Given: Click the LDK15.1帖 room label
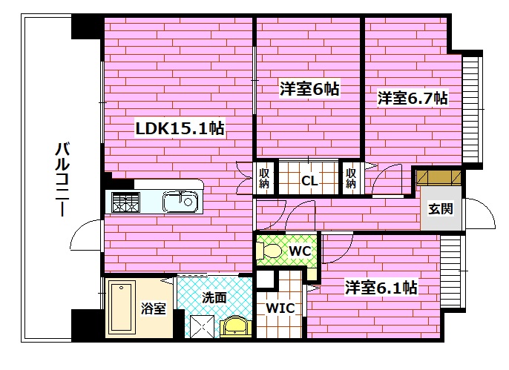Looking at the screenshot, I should (180, 128).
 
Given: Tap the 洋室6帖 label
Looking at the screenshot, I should (309, 89).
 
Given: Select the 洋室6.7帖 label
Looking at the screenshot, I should (413, 97).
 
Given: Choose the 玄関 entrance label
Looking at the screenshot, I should (439, 208).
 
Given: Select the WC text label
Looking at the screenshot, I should (299, 251).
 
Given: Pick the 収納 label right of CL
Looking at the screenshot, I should (351, 179).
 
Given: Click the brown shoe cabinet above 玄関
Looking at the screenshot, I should (439, 179).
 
